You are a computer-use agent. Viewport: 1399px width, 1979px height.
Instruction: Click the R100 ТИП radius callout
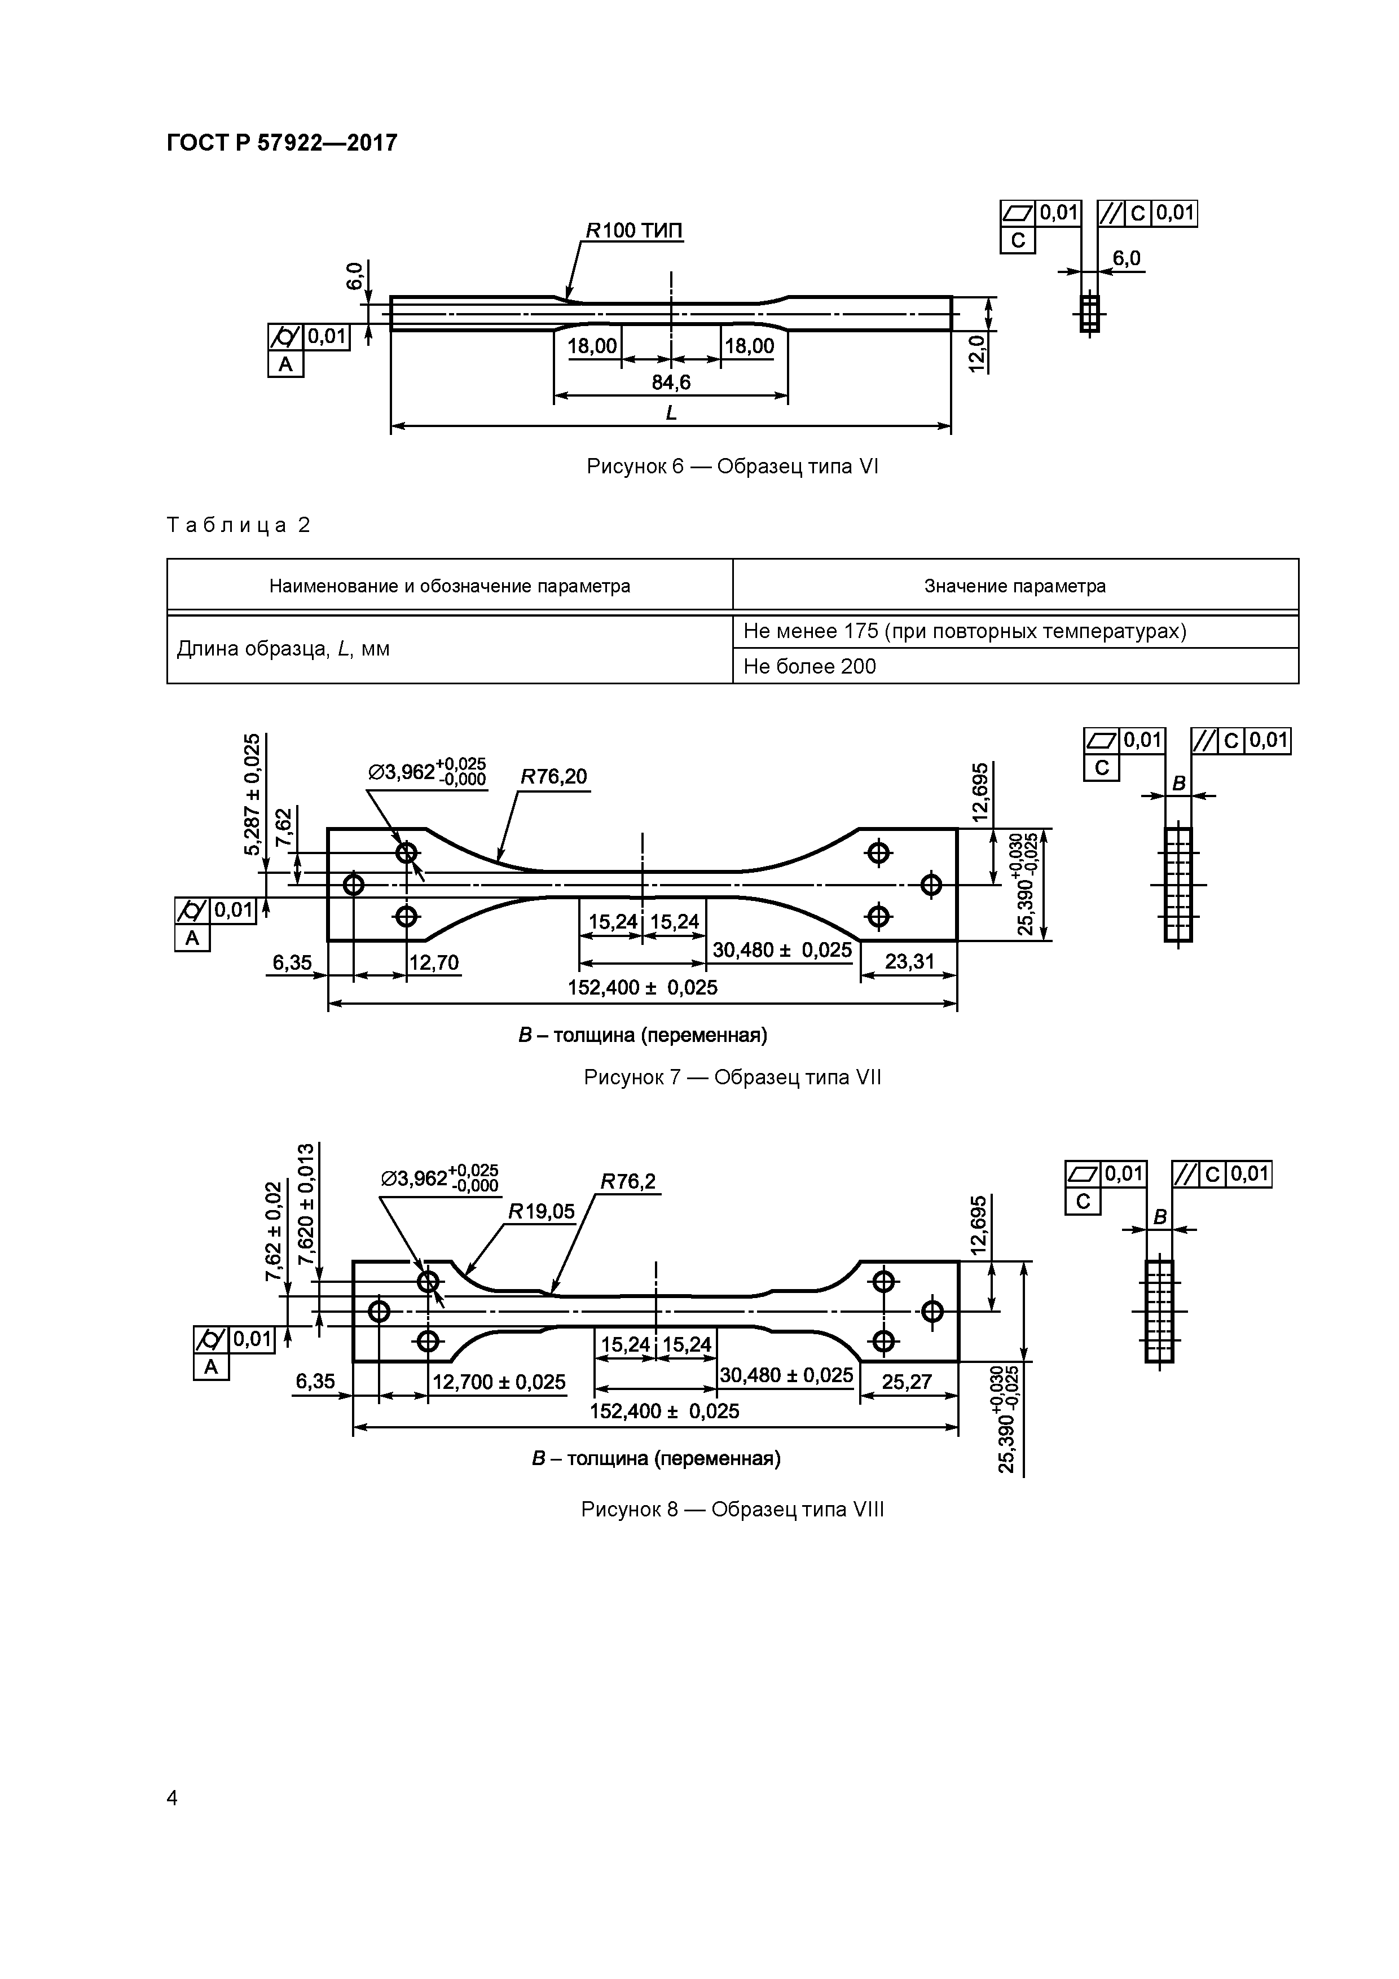635,231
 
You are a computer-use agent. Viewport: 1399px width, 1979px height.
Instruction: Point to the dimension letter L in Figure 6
671,414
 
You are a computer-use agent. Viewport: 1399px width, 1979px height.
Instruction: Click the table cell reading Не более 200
810,666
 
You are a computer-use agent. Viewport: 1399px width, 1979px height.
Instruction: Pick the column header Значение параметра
1014,586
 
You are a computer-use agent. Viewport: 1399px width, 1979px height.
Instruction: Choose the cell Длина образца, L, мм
284,649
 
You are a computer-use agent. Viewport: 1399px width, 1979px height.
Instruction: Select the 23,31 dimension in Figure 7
909,961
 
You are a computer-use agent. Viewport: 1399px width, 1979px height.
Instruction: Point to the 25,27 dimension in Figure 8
907,1382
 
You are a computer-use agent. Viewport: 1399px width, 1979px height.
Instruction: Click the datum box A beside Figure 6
285,364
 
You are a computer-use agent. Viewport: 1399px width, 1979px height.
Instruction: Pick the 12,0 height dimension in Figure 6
976,353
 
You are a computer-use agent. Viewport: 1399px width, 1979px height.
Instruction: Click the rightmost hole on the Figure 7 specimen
931,885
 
